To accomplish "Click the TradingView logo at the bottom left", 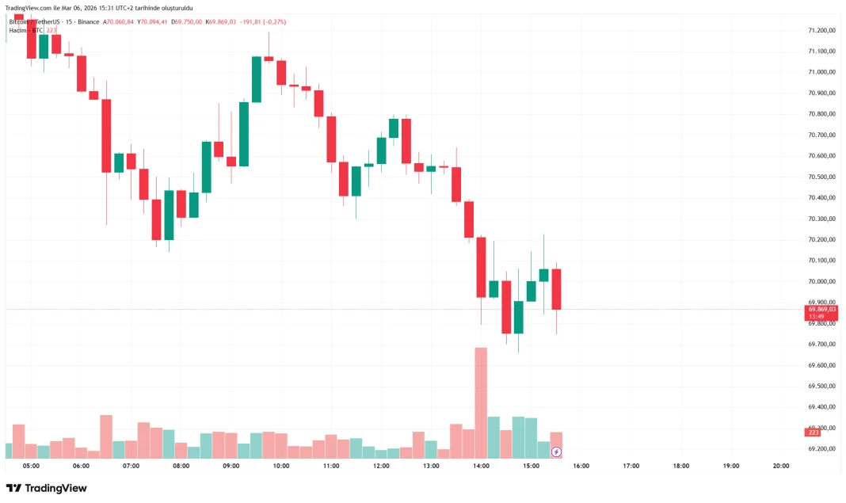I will pyautogui.click(x=47, y=488).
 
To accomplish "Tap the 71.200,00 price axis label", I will pyautogui.click(x=822, y=30).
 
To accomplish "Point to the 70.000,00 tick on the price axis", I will pyautogui.click(x=822, y=281).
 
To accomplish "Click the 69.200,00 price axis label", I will pyautogui.click(x=822, y=448).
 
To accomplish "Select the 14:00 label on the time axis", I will pyautogui.click(x=481, y=466).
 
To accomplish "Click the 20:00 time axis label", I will pyautogui.click(x=780, y=466).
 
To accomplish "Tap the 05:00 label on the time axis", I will pyautogui.click(x=32, y=466).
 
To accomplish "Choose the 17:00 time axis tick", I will pyautogui.click(x=631, y=466).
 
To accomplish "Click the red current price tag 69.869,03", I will pyautogui.click(x=822, y=309).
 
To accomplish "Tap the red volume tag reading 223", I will pyautogui.click(x=812, y=432).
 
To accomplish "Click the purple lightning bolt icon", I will pyautogui.click(x=556, y=452).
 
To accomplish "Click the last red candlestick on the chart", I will pyautogui.click(x=556, y=289).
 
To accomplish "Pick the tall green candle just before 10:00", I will pyautogui.click(x=257, y=79).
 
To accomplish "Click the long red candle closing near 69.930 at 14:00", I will pyautogui.click(x=481, y=267).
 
